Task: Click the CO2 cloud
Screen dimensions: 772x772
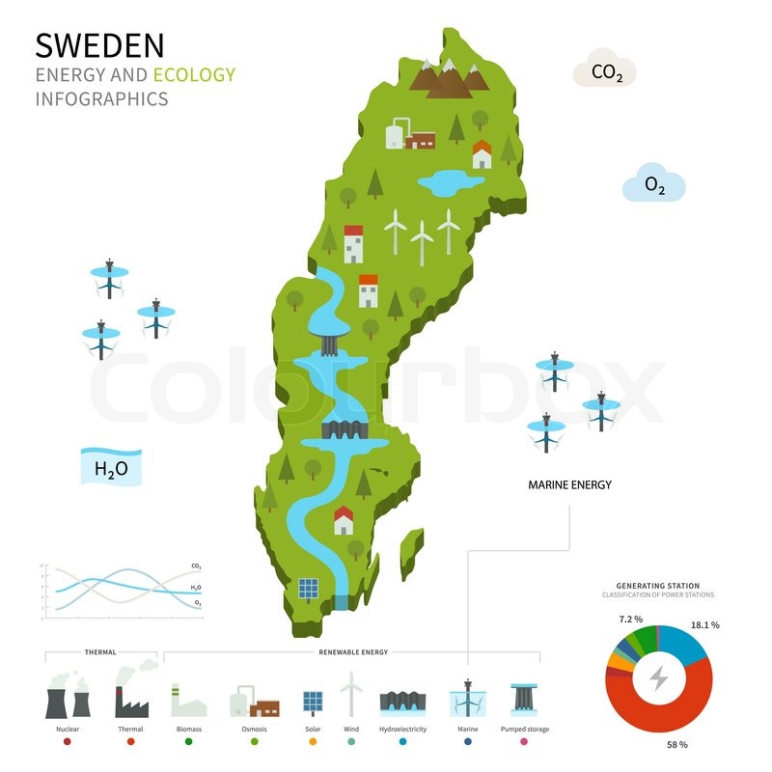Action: point(604,71)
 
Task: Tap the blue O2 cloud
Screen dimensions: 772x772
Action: point(654,184)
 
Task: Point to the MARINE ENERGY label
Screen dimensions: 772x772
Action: point(569,485)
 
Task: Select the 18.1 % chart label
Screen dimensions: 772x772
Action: point(705,625)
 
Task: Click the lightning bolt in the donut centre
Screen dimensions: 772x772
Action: point(658,678)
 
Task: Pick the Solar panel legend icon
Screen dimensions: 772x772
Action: point(314,701)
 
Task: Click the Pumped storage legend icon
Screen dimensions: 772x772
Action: point(525,699)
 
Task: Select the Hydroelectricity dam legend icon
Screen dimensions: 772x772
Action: point(402,701)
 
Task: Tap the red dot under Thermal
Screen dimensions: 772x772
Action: point(130,742)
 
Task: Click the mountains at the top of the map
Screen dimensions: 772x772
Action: point(449,77)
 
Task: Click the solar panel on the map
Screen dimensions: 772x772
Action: point(308,588)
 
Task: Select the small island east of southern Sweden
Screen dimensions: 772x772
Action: point(412,553)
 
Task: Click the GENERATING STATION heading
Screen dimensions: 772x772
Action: point(657,586)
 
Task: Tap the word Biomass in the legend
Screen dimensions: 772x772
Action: point(189,730)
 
